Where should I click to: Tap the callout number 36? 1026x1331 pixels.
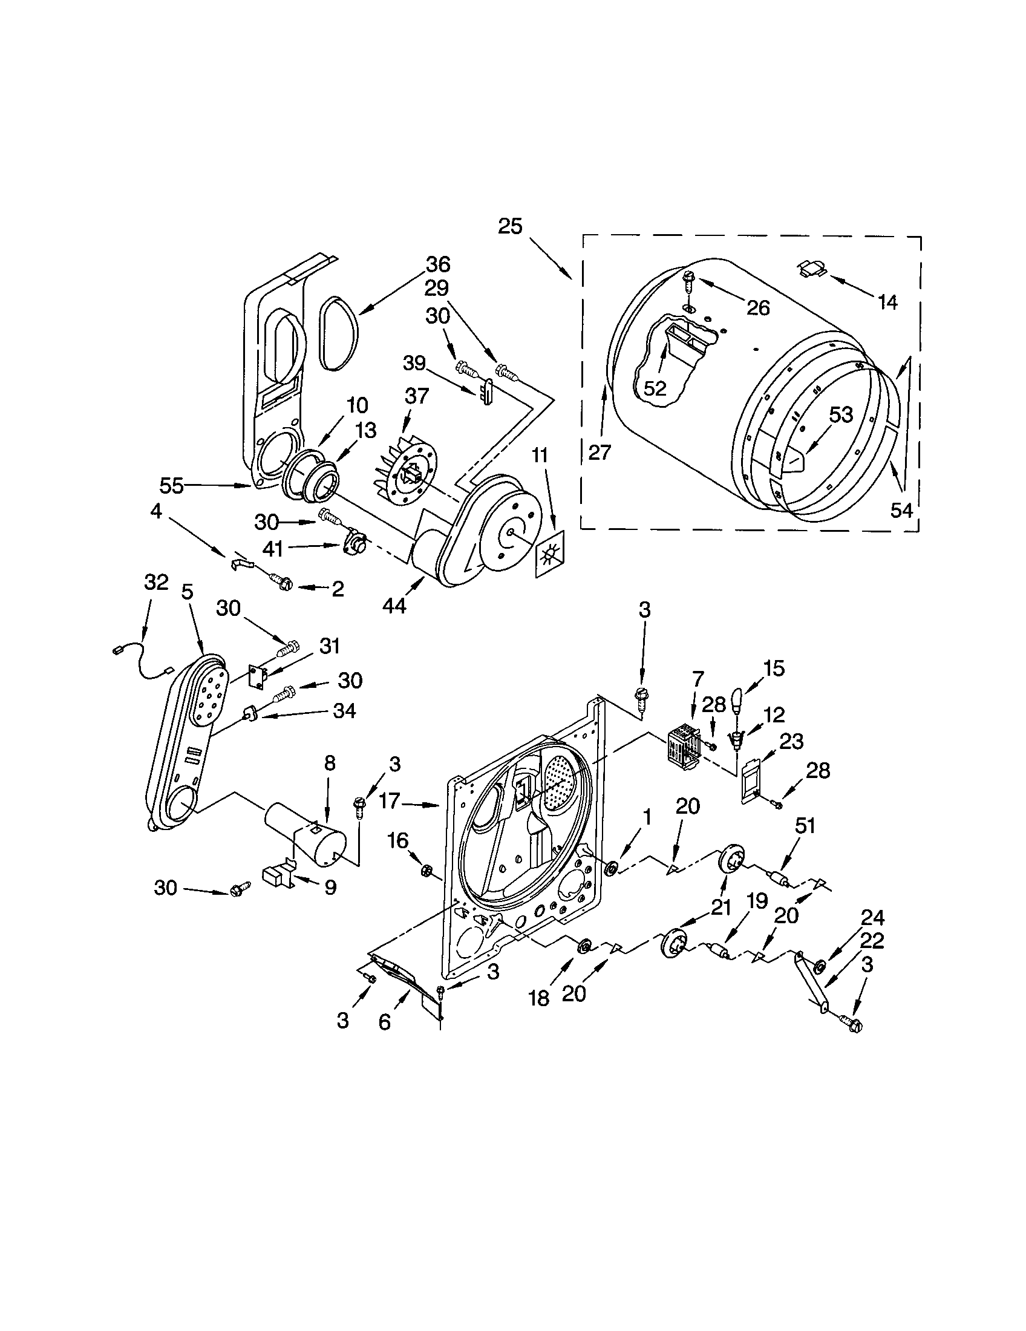coord(437,264)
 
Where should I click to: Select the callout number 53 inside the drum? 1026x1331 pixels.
coord(841,416)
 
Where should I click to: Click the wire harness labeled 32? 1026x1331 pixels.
coord(142,663)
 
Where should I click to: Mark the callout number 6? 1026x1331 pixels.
coord(384,1021)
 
